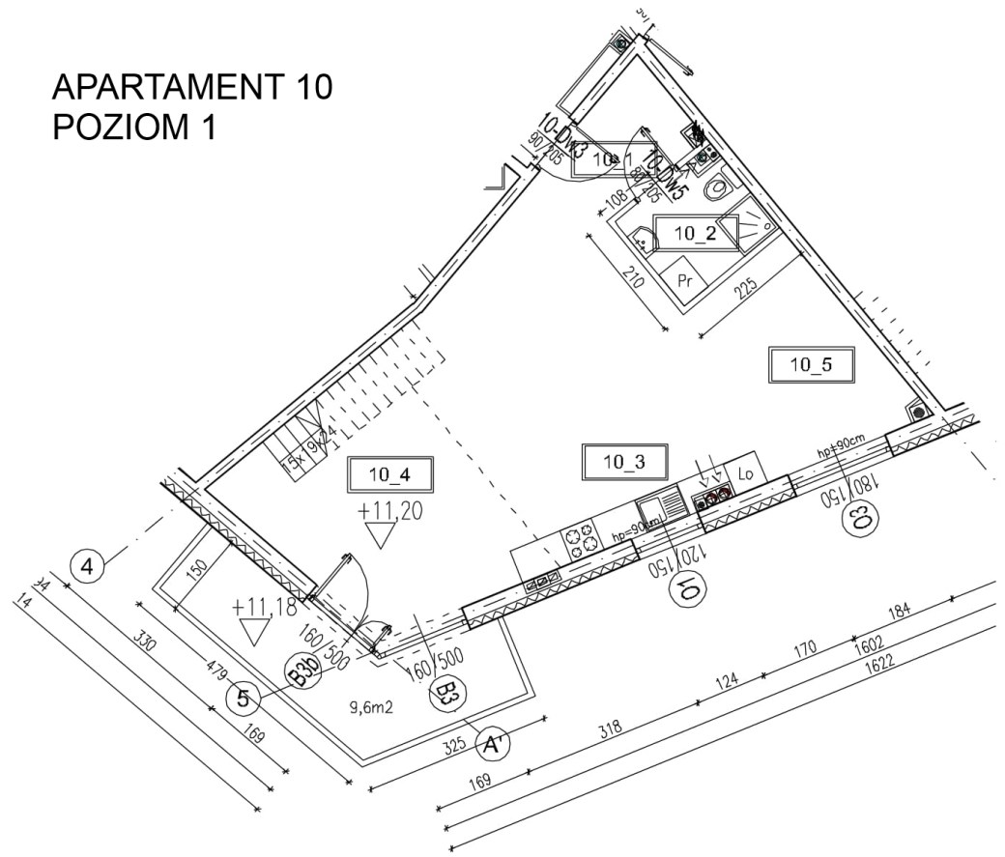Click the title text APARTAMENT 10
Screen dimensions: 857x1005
tap(192, 88)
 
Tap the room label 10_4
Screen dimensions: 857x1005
tap(390, 473)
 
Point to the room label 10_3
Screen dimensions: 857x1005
tap(624, 462)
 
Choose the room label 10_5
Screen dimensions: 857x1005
tap(810, 364)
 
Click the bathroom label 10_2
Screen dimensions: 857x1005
tap(697, 232)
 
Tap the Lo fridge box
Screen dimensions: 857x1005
tap(745, 473)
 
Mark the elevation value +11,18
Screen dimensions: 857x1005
tap(264, 607)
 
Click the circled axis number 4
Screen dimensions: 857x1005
tap(88, 567)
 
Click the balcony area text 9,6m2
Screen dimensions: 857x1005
tap(374, 706)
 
